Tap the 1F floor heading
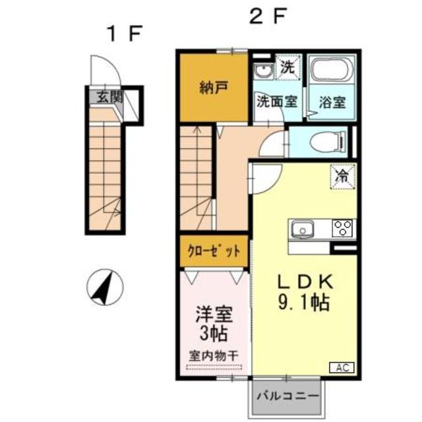126,34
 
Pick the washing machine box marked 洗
287,67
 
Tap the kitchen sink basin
304,229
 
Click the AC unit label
343,367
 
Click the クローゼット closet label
212,251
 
